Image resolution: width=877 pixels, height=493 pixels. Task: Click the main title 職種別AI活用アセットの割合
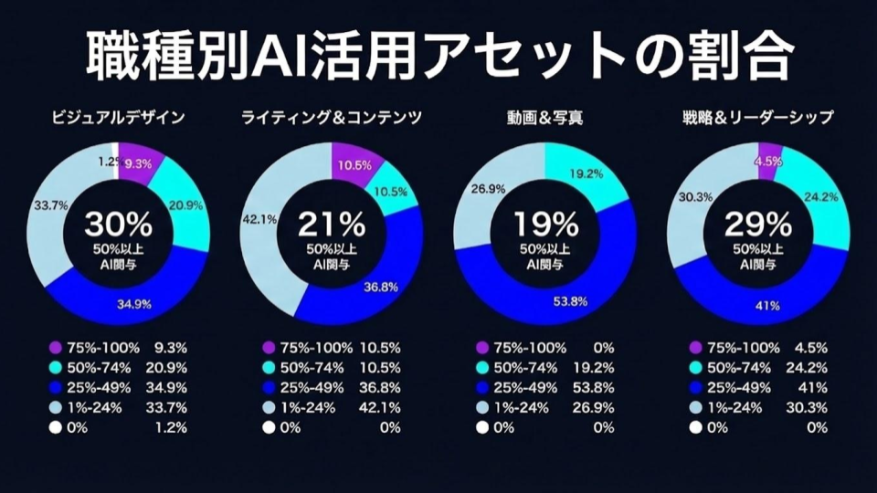click(438, 57)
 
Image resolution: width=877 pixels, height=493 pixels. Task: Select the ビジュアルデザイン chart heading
click(116, 118)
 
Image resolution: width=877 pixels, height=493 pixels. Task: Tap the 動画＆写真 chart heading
click(544, 118)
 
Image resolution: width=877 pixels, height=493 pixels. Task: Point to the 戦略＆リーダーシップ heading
click(758, 118)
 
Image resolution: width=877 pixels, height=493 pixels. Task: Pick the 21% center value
click(331, 224)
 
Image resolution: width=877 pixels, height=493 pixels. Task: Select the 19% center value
click(545, 224)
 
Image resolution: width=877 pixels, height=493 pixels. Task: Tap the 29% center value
click(758, 224)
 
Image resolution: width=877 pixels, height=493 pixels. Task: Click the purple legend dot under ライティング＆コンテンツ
click(269, 348)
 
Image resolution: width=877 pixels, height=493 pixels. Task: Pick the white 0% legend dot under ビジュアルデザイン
click(54, 426)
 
